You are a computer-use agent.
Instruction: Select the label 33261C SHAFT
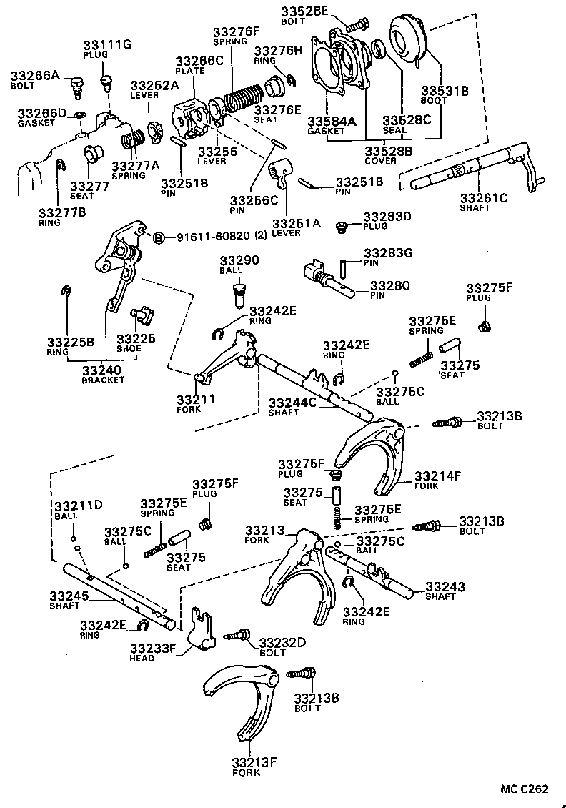pyautogui.click(x=483, y=202)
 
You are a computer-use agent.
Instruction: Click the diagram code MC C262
pyautogui.click(x=524, y=789)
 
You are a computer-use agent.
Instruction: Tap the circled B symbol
pyautogui.click(x=159, y=237)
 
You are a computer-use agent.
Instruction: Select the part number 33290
pyautogui.click(x=239, y=260)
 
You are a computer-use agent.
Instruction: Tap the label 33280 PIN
pyautogui.click(x=390, y=290)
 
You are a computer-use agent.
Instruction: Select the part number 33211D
pyautogui.click(x=79, y=506)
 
